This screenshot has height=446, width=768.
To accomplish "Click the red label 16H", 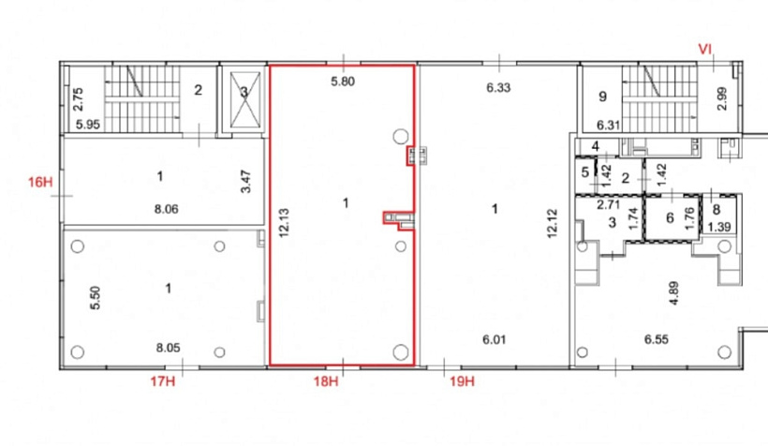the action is click(x=40, y=183).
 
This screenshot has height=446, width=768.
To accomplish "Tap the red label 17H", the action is click(x=163, y=380).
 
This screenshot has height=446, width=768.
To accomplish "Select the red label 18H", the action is click(x=326, y=380).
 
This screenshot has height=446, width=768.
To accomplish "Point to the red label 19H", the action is click(x=463, y=380).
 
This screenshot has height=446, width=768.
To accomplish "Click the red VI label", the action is click(x=705, y=49).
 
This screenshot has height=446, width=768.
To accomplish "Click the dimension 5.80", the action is click(x=343, y=82).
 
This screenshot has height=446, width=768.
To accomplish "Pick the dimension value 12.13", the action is click(x=284, y=222).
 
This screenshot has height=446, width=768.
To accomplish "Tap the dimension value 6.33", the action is click(x=498, y=88).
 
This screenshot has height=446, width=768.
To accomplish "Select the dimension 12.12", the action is click(x=552, y=224).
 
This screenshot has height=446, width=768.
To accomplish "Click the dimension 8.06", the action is click(x=167, y=209).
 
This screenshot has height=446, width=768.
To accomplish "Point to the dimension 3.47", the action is click(x=246, y=182).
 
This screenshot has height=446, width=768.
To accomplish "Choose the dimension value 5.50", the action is click(x=96, y=298).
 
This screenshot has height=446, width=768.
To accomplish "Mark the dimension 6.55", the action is click(x=657, y=339).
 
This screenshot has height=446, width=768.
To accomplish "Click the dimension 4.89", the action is click(x=674, y=293).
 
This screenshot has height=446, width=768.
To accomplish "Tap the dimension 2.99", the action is click(x=721, y=98).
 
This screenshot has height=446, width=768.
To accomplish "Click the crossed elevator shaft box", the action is click(x=244, y=99).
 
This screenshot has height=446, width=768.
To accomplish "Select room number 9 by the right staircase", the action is click(x=602, y=97).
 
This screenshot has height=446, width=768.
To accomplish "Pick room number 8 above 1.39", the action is click(x=716, y=210).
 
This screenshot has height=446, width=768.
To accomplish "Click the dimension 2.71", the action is click(x=609, y=204).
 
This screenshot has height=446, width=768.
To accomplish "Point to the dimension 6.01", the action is click(x=495, y=339).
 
